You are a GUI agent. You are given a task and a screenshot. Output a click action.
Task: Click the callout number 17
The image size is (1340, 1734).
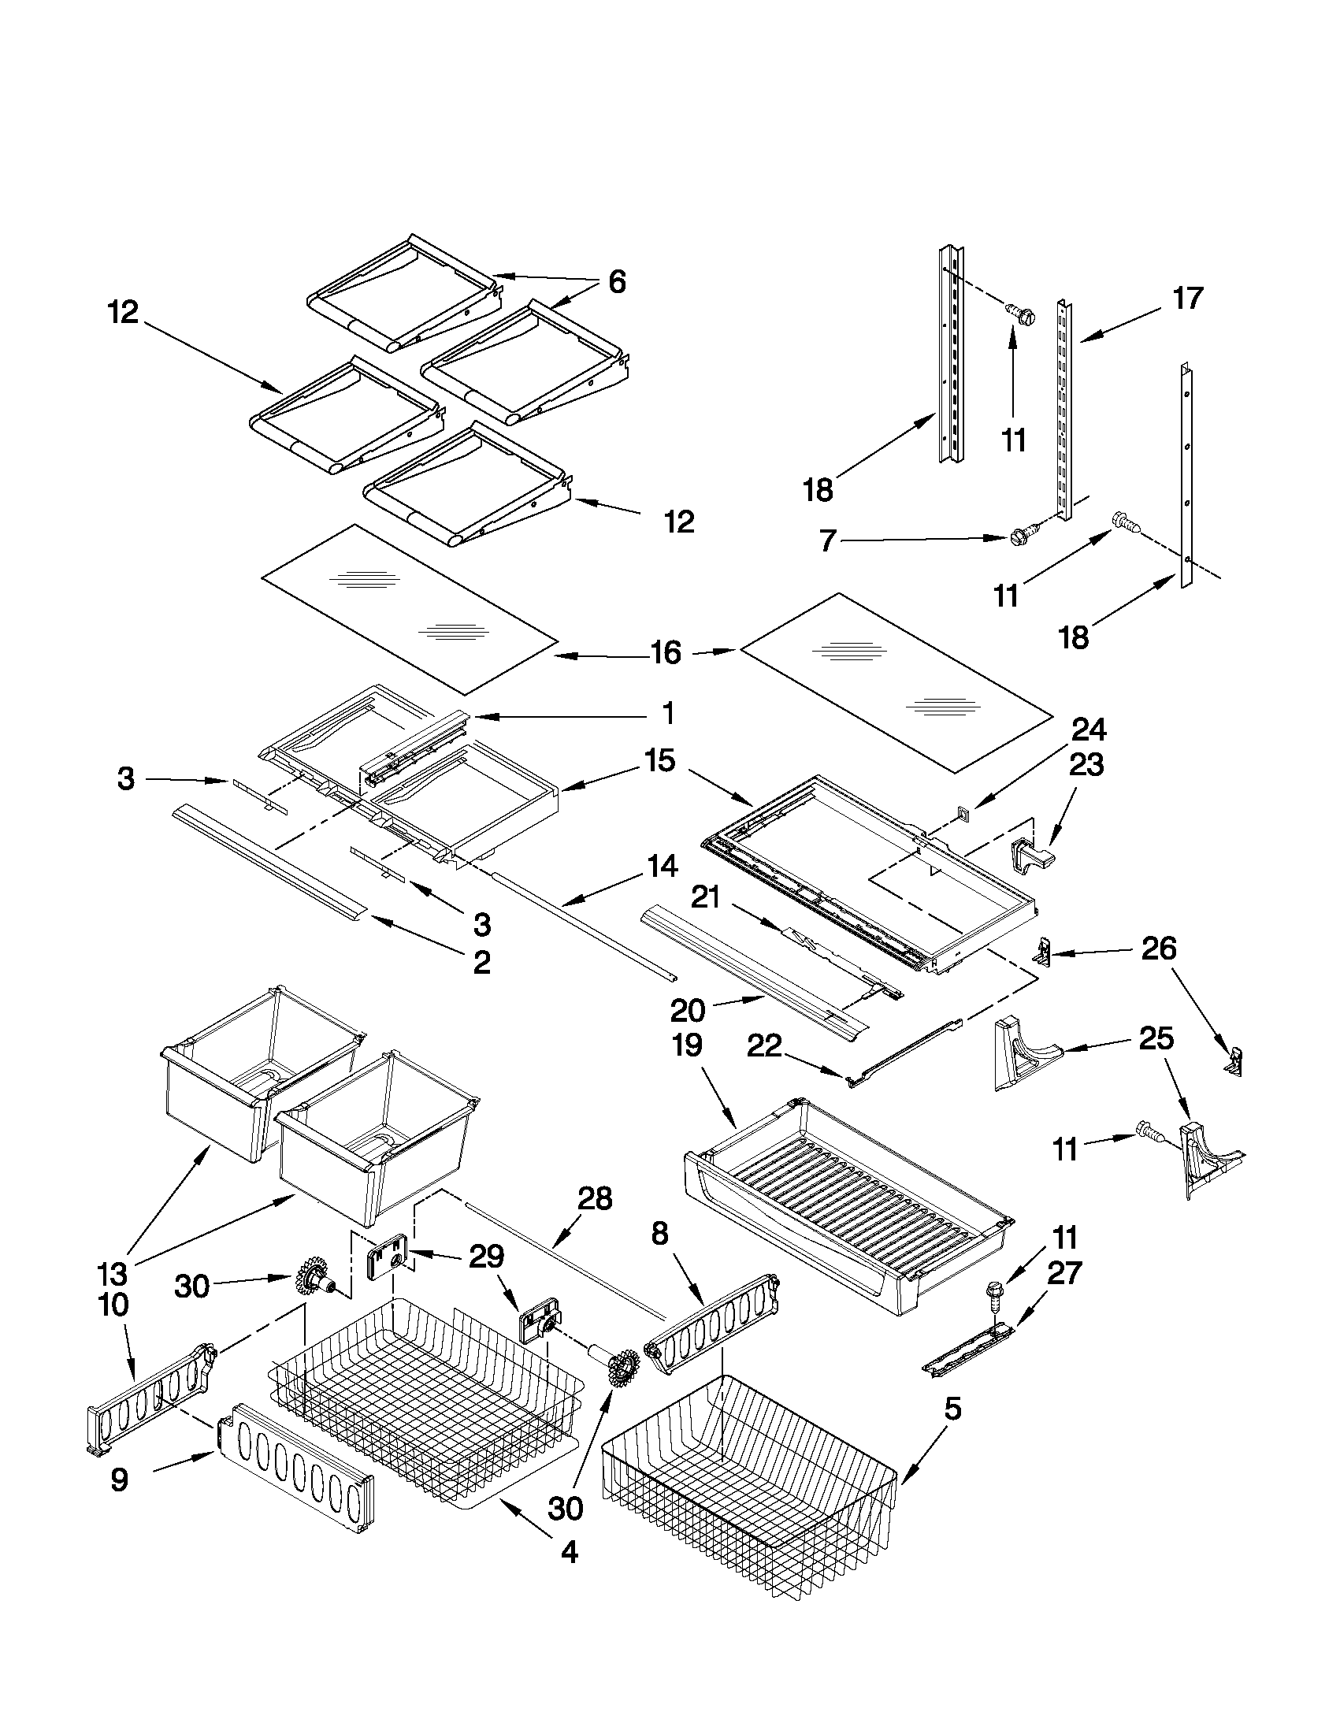pos(1188,299)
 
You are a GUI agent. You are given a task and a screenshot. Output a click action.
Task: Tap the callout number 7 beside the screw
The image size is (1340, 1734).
pos(827,541)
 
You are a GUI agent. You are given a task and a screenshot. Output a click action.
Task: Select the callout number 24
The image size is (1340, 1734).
pos(1089,729)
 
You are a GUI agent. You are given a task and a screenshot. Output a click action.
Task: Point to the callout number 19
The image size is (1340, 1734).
pos(687,1045)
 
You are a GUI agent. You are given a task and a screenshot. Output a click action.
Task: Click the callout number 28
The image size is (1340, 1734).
pos(595,1198)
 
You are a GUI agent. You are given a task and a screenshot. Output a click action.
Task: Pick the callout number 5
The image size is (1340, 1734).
pos(952,1409)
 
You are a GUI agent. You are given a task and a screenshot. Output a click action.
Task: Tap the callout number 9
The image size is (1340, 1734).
pos(119,1480)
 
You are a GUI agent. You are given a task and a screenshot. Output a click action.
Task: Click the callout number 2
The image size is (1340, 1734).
pos(481,962)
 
